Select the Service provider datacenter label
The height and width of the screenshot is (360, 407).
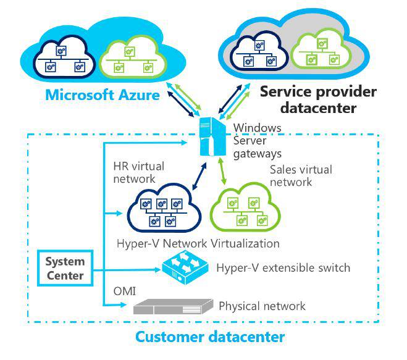click(317, 99)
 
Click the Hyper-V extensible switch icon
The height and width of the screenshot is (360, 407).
click(184, 267)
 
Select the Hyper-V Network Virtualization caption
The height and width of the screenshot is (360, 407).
click(198, 243)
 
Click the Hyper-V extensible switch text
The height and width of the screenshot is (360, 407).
click(283, 268)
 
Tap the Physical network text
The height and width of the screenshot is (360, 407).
click(262, 306)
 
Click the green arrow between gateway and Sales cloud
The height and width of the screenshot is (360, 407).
click(227, 169)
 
